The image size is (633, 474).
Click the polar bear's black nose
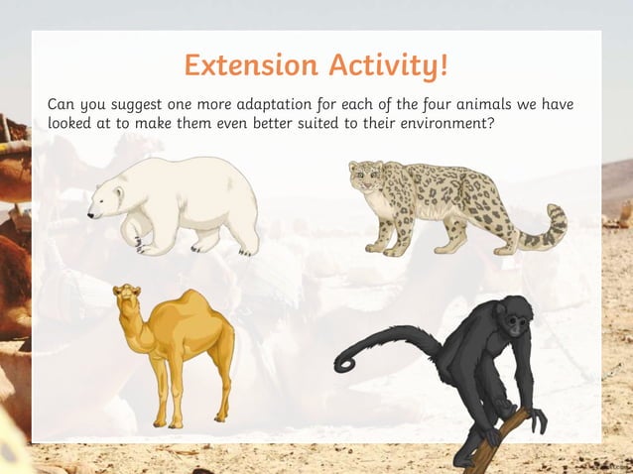[x=89, y=213]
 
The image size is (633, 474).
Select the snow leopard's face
[x=365, y=179]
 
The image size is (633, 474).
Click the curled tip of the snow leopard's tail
[x=556, y=224]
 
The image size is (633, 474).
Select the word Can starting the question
[x=62, y=105]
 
